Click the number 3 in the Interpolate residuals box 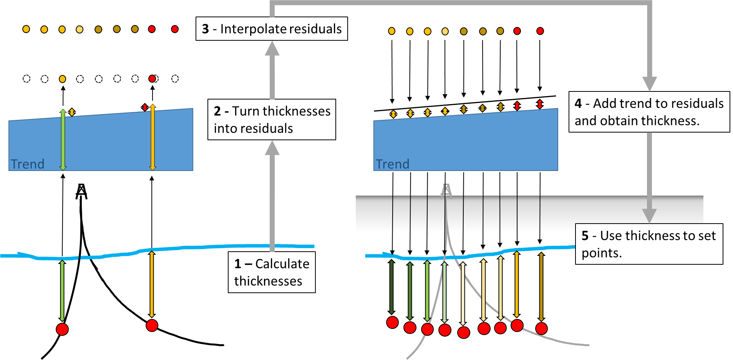206,29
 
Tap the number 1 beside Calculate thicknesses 238,264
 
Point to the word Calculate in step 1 282,264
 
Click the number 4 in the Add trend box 578,103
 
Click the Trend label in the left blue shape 27,164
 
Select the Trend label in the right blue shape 392,164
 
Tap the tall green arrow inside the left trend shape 63,140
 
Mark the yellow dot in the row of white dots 63,79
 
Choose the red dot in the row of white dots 152,79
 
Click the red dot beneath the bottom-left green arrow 62,329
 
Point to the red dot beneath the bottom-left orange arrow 152,325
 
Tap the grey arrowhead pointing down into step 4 650,84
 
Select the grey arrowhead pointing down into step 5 649,216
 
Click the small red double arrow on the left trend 145,108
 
